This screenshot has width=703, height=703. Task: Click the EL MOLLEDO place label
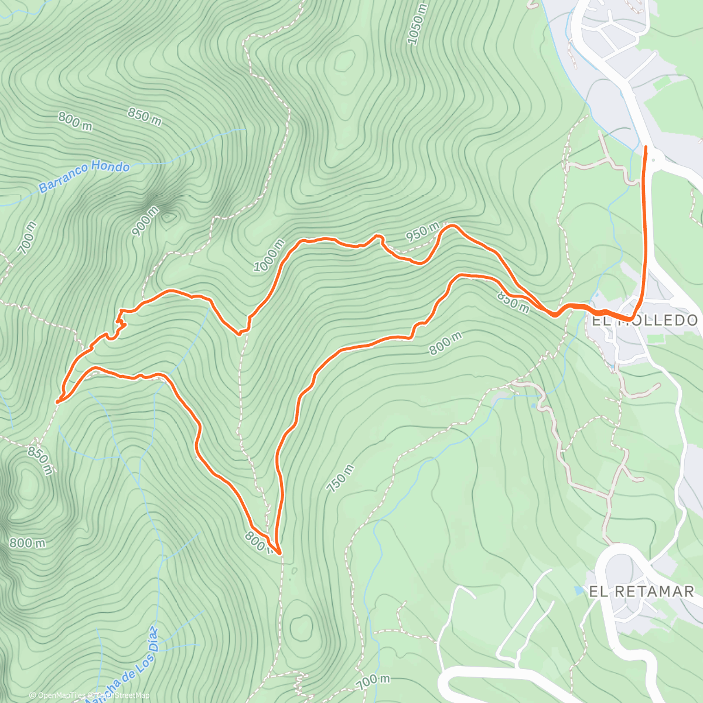(x=644, y=320)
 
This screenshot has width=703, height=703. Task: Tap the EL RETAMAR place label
(x=641, y=591)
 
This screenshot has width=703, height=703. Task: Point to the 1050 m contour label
(x=418, y=24)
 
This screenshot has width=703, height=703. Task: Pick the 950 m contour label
(x=422, y=232)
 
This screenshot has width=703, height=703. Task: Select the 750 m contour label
(x=340, y=479)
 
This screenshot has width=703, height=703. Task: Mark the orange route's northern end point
(x=646, y=147)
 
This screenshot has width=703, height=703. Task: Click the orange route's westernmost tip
(x=58, y=402)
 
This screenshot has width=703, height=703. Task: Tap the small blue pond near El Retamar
(x=579, y=590)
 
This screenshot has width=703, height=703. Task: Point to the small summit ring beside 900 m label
(x=169, y=218)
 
